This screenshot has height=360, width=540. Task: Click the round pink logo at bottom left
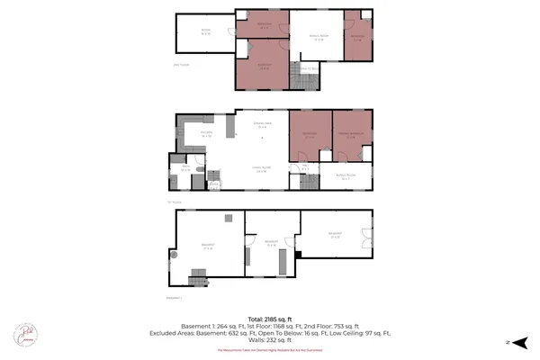click(x=23, y=334)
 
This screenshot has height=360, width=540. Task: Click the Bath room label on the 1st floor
click(x=185, y=168)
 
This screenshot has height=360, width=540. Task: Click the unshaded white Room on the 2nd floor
click(x=205, y=31)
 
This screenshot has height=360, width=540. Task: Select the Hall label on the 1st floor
click(x=306, y=166)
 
